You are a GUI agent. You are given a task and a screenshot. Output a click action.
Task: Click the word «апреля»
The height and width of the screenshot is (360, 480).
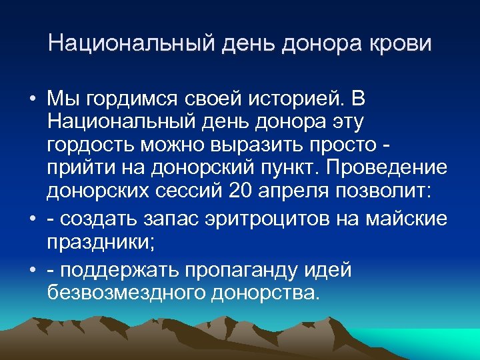295,192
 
